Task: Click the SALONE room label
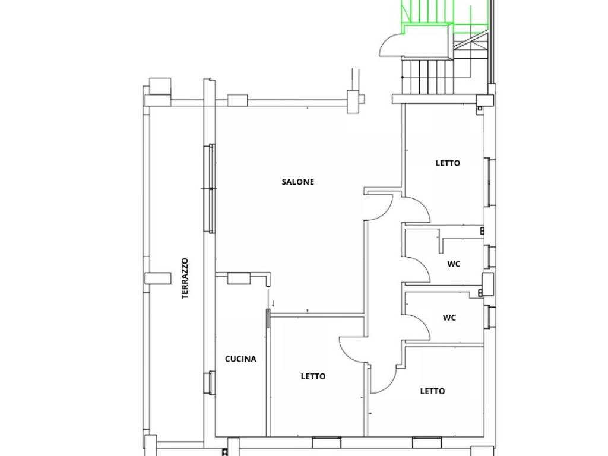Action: pyautogui.click(x=298, y=182)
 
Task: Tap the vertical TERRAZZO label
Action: pyautogui.click(x=185, y=278)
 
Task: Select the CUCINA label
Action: pyautogui.click(x=240, y=359)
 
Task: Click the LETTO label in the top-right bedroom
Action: pyautogui.click(x=448, y=163)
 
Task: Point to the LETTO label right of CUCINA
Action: pyautogui.click(x=313, y=376)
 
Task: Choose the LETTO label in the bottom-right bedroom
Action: pyautogui.click(x=432, y=391)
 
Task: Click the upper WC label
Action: pyautogui.click(x=454, y=264)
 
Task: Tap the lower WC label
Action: pyautogui.click(x=449, y=318)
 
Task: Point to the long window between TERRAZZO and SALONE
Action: pyautogui.click(x=211, y=188)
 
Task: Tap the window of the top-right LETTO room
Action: pyautogui.click(x=490, y=182)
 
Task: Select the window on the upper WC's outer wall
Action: pyautogui.click(x=490, y=256)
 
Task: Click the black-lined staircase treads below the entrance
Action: pyautogui.click(x=427, y=77)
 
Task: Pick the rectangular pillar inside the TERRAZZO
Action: pyautogui.click(x=158, y=278)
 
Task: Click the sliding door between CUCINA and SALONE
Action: pyautogui.click(x=268, y=318)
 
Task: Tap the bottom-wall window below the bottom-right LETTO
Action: pyautogui.click(x=427, y=442)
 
